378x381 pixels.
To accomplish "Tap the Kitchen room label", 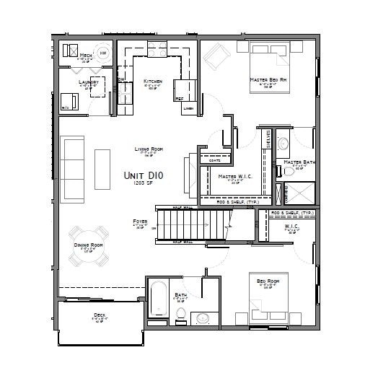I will click(152, 82).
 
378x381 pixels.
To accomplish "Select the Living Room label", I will click(149, 149).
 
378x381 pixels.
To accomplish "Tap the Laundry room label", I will click(89, 82).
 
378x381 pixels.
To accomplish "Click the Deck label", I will click(99, 315).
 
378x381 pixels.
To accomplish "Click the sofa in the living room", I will click(74, 159).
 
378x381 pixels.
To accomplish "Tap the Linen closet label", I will click(189, 109).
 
